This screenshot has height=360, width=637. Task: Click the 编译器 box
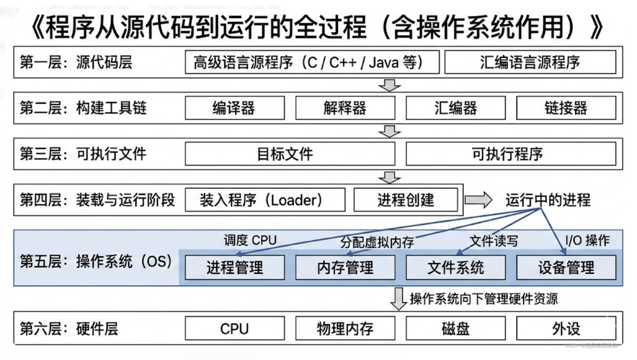point(235,108)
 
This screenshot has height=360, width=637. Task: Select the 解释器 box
point(345,108)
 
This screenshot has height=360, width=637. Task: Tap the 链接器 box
point(566,108)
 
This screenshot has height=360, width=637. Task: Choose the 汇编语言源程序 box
point(530,62)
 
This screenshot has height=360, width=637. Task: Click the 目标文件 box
point(290,154)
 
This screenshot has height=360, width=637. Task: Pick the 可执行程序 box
point(510,154)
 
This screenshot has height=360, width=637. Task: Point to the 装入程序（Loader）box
point(265,200)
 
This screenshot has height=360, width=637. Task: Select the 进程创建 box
point(405,200)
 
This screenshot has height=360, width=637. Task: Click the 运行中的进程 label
point(548,200)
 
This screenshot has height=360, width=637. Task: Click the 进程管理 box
point(235,268)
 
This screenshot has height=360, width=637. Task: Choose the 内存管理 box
point(345,268)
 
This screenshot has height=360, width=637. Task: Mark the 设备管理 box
point(566,268)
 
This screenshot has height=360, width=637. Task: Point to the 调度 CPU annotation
point(250,240)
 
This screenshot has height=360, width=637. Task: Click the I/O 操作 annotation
point(587,240)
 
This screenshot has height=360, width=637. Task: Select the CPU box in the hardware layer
point(235,329)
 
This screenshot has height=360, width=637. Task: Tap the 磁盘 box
point(456,329)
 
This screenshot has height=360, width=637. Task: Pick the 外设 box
point(566,329)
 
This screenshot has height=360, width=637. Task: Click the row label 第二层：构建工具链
point(83,108)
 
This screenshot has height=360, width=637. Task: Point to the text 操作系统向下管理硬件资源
point(483,299)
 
